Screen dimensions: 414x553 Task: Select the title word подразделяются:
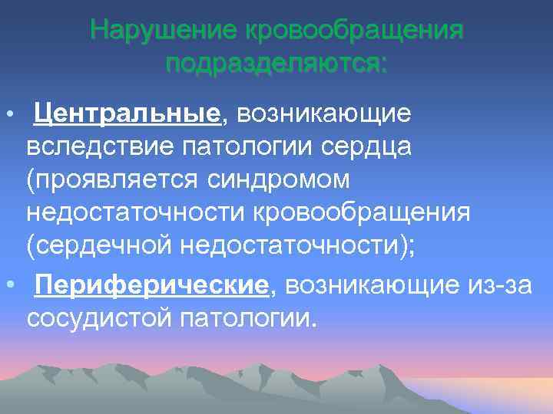click(276, 63)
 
